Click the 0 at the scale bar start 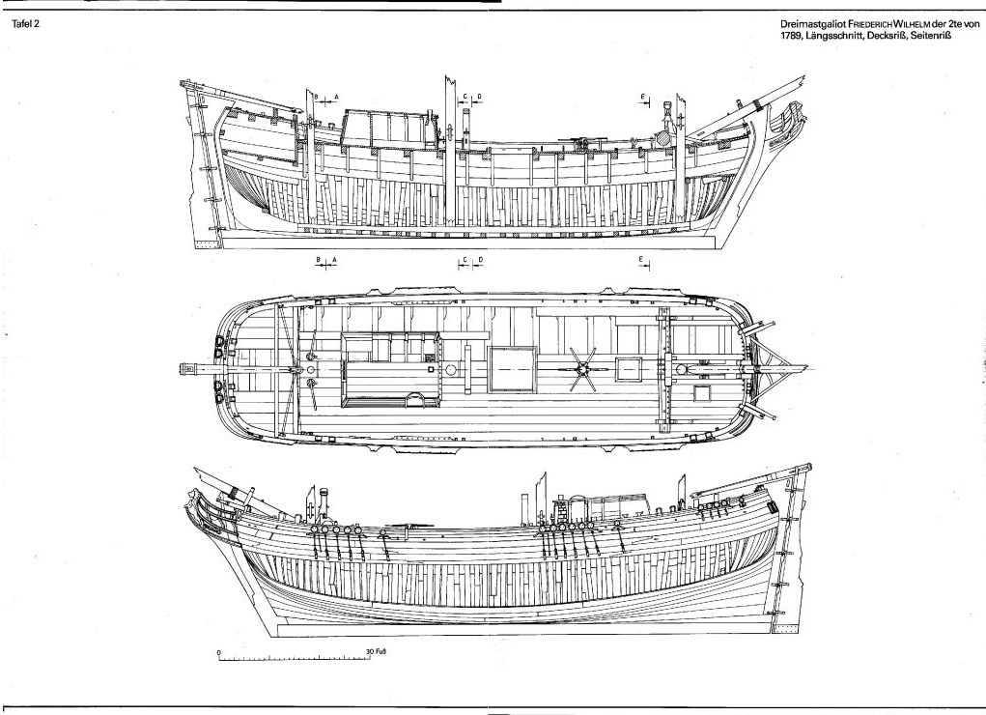pos(219,652)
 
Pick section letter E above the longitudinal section pos(642,97)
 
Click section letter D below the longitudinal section pos(479,260)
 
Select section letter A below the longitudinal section pos(334,260)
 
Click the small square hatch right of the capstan pos(629,368)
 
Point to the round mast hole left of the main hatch pos(449,370)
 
